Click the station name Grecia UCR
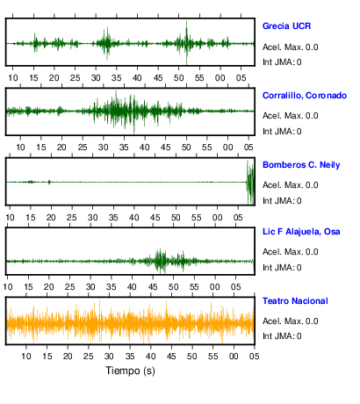pyautogui.click(x=286, y=26)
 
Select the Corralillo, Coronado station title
pyautogui.click(x=305, y=96)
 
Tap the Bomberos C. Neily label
pyautogui.click(x=301, y=165)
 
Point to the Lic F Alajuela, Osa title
pyautogui.click(x=301, y=232)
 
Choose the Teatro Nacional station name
pyautogui.click(x=295, y=301)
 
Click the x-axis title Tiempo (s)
pyautogui.click(x=130, y=371)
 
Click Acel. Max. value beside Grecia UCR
pyautogui.click(x=291, y=47)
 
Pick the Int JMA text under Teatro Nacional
pyautogui.click(x=282, y=335)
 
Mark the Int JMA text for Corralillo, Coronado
pyautogui.click(x=282, y=132)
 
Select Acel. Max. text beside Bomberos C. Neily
pyautogui.click(x=291, y=185)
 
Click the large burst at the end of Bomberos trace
pyautogui.click(x=250, y=182)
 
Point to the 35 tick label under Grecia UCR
pyautogui.click(x=117, y=78)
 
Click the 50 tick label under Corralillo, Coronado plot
pyautogui.click(x=186, y=147)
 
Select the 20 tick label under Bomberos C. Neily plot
pyautogui.click(x=51, y=218)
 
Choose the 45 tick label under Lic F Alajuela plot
pyautogui.click(x=153, y=287)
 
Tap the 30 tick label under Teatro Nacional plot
pyautogui.click(x=109, y=357)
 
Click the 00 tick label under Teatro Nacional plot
pyautogui.click(x=234, y=357)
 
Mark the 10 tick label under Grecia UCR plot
pyautogui.click(x=13, y=78)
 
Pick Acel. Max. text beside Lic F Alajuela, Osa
pyautogui.click(x=291, y=252)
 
